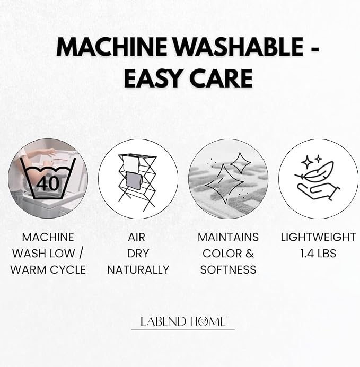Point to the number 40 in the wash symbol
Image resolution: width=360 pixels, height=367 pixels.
(48, 183)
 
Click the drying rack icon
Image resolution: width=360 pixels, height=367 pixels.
(137, 182)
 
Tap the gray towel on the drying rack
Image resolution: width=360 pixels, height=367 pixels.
(134, 181)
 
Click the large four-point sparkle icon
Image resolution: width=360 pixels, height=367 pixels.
(224, 183)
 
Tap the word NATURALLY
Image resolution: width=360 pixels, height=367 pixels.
(138, 270)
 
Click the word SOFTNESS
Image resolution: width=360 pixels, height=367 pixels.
(229, 270)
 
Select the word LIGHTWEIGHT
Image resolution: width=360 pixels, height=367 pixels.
(318, 238)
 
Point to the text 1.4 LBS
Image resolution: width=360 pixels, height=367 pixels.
(318, 254)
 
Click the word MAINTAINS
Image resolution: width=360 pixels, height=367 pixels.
(229, 238)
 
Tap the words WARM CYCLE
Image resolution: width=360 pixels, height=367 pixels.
(48, 270)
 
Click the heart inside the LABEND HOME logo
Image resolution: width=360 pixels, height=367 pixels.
(204, 321)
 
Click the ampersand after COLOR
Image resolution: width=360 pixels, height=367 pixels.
(250, 254)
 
